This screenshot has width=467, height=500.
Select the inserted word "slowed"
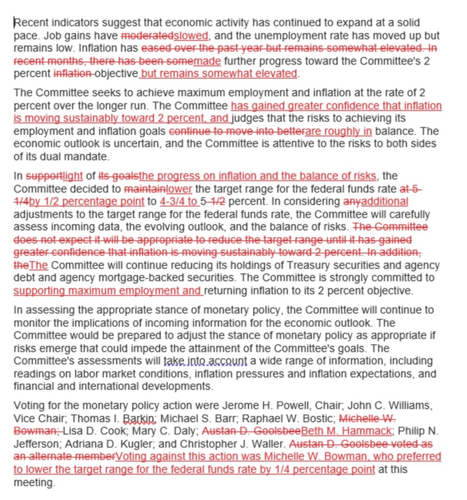pos(191,36)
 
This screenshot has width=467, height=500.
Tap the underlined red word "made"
pos(207,61)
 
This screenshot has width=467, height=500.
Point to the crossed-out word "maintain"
pos(145,189)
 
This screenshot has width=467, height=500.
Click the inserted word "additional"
pos(383,202)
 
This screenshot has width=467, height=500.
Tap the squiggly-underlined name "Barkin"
pos(139,418)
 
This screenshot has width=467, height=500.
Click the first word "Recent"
pos(29,23)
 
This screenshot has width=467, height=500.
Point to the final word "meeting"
pos(34,482)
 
